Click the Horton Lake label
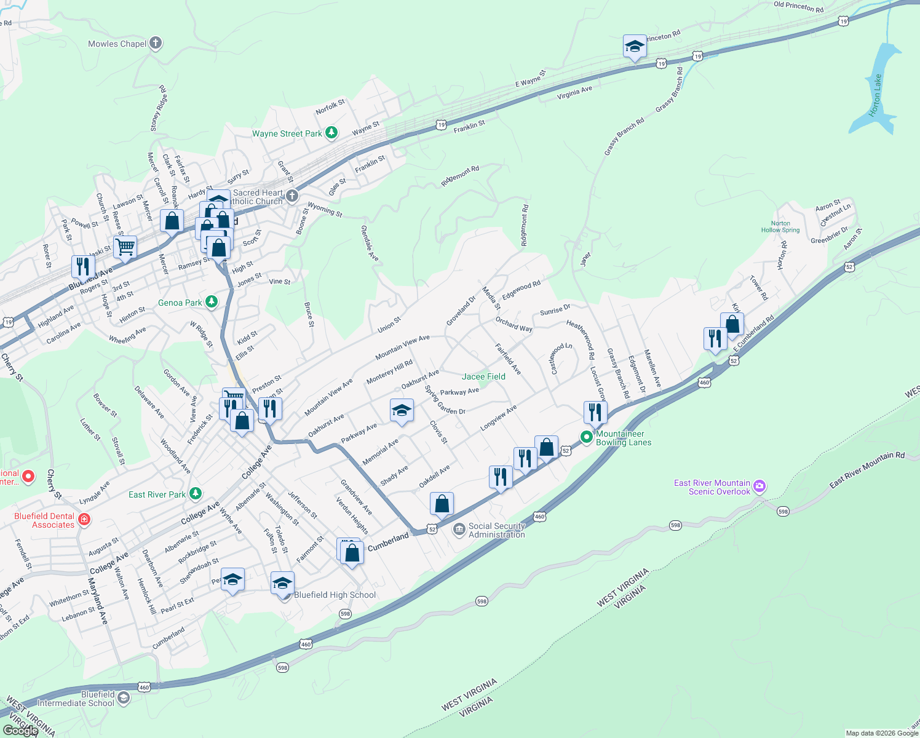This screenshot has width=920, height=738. (875, 96)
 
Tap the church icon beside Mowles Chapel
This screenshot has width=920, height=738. (156, 43)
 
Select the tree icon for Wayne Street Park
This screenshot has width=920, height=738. (331, 133)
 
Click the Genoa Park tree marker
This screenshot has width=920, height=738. (212, 302)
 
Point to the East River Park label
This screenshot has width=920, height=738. (157, 494)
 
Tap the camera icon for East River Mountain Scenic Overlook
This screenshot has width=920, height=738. (759, 486)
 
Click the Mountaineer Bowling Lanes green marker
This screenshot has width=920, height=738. (587, 437)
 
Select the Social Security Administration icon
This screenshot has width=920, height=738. (459, 530)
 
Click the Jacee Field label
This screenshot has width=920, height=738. (483, 376)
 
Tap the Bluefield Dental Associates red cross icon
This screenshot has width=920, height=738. (84, 520)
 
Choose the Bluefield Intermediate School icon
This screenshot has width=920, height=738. (124, 697)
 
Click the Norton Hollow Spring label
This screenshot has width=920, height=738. (780, 227)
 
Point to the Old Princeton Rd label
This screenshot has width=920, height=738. (798, 7)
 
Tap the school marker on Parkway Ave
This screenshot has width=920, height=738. (402, 410)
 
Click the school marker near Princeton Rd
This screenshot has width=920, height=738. (635, 46)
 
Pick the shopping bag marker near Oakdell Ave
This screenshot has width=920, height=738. (442, 504)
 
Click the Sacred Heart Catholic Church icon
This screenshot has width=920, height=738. (292, 196)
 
